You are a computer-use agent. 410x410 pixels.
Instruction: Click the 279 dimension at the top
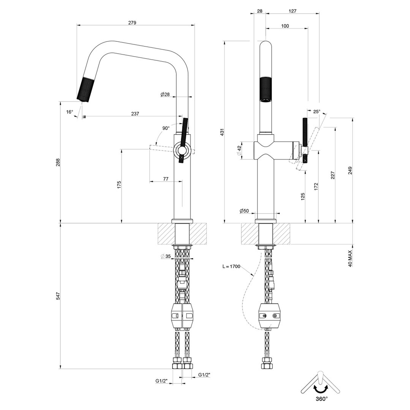pyautogui.click(x=132, y=22)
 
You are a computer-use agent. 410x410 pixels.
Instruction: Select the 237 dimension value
pyautogui.click(x=135, y=114)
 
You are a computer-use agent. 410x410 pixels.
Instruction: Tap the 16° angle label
pyautogui.click(x=70, y=112)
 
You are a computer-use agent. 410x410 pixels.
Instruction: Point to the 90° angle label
pyautogui.click(x=166, y=128)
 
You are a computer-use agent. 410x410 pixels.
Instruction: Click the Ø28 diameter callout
pyautogui.click(x=165, y=94)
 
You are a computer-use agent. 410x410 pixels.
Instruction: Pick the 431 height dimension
pyautogui.click(x=222, y=133)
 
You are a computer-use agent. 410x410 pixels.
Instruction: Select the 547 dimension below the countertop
pyautogui.click(x=58, y=296)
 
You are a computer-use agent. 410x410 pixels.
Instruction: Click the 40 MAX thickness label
pyautogui.click(x=350, y=258)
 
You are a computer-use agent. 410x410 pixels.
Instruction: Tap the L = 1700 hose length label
pyautogui.click(x=231, y=267)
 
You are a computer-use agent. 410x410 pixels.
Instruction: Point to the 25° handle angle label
pyautogui.click(x=317, y=111)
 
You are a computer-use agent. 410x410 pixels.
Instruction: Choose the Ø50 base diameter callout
pyautogui.click(x=244, y=211)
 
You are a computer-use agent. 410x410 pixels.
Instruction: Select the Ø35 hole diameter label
pyautogui.click(x=166, y=256)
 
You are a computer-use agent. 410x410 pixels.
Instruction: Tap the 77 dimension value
pyautogui.click(x=166, y=179)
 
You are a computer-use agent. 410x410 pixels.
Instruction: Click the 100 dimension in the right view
pyautogui.click(x=285, y=26)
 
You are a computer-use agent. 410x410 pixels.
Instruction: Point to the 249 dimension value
pyautogui.click(x=350, y=171)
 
